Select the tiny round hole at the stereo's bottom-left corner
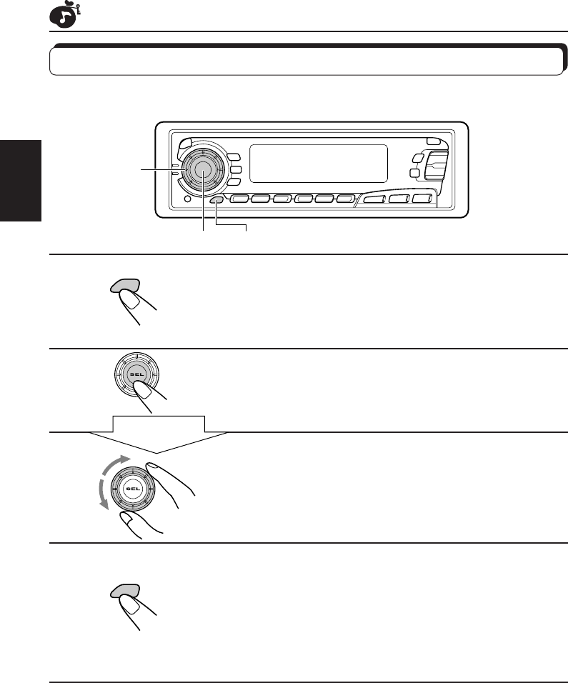click(186, 200)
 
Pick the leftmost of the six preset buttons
click(241, 199)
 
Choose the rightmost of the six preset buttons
click(347, 199)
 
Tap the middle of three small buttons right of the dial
click(235, 170)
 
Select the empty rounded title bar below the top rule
click(306, 61)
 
